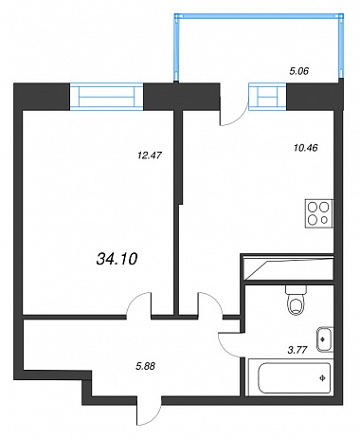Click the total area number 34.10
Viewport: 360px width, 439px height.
click(x=117, y=260)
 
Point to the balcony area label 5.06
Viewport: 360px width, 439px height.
click(x=298, y=71)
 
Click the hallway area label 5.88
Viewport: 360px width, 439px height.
click(x=145, y=366)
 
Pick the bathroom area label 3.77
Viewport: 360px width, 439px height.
click(x=297, y=350)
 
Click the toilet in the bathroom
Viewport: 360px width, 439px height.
click(x=297, y=300)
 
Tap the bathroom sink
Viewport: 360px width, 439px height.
click(x=325, y=339)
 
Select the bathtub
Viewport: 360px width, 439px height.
click(x=290, y=377)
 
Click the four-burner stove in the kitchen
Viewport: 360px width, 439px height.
click(x=319, y=213)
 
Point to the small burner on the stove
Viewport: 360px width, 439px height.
click(x=324, y=220)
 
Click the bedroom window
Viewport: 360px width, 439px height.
click(x=106, y=97)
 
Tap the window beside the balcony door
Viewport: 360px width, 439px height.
click(x=267, y=97)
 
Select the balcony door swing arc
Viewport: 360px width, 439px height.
click(x=239, y=119)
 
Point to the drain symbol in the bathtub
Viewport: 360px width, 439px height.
click(x=322, y=377)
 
